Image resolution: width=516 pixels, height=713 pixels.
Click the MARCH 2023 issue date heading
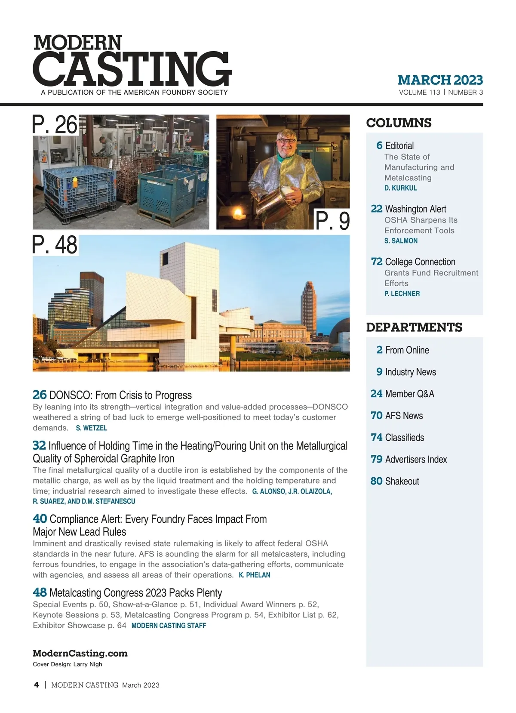[x=440, y=80]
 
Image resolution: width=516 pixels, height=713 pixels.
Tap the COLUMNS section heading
[x=399, y=123]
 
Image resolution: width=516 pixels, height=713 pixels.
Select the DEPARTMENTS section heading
[x=414, y=327]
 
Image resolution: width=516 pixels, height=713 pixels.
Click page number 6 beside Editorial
[x=379, y=145]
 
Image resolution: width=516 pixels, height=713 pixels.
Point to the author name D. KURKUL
[x=400, y=188]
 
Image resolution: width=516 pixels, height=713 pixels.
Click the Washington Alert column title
[x=415, y=209]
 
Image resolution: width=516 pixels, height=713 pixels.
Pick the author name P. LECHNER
[x=402, y=293]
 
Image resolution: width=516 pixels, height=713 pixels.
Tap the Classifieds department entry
[x=404, y=438]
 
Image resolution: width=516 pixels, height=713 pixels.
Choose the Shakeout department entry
[x=402, y=481]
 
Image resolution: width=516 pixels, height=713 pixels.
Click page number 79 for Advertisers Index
[x=376, y=459]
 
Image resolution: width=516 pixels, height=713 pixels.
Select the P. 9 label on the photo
[x=332, y=221]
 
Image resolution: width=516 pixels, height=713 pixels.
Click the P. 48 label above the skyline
[x=55, y=245]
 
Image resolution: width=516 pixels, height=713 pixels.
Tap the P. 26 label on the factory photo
[x=55, y=125]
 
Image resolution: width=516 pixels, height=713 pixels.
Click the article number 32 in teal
[x=39, y=445]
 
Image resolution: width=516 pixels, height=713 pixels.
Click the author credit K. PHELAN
[x=255, y=575]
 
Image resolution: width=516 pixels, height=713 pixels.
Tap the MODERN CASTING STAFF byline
[x=169, y=626]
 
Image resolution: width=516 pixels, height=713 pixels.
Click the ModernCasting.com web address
[x=80, y=653]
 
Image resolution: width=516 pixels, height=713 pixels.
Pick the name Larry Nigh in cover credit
[x=88, y=664]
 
